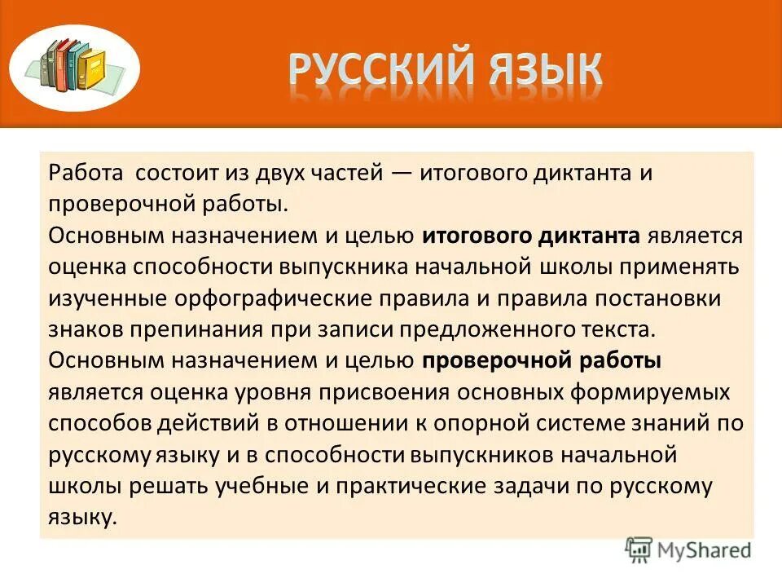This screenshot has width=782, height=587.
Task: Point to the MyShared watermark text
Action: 707,550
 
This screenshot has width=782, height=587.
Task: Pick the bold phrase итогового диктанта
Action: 530,236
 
